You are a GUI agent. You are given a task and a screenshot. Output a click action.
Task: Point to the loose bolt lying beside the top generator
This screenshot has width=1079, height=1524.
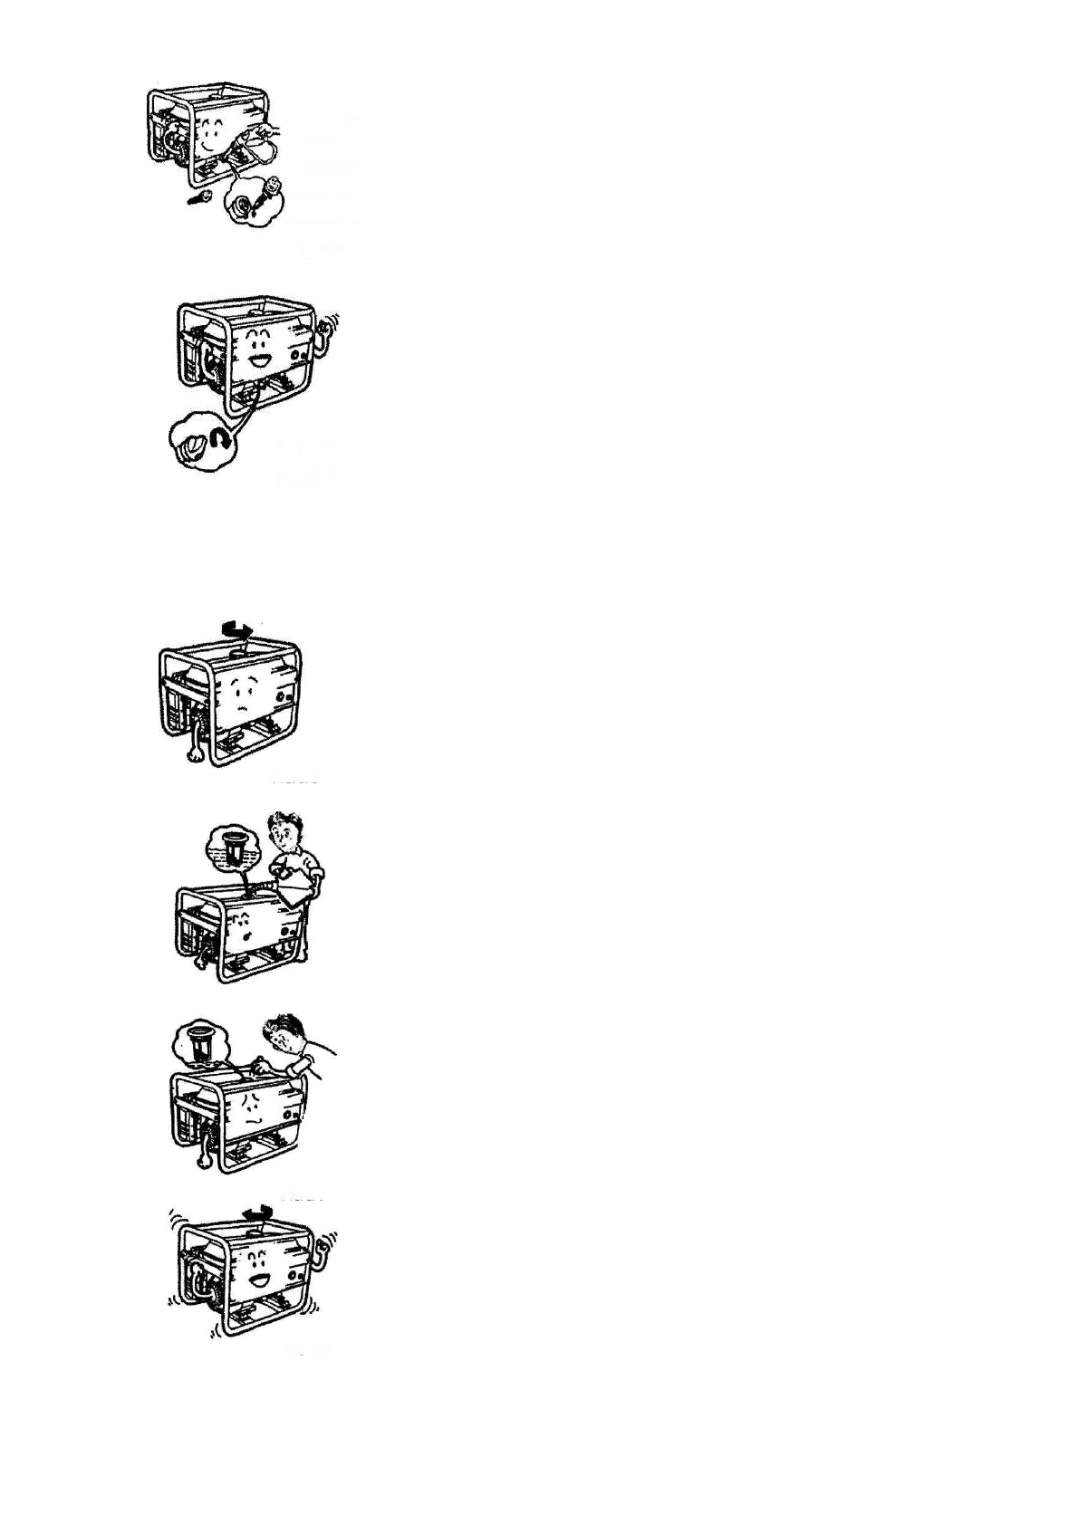(197, 197)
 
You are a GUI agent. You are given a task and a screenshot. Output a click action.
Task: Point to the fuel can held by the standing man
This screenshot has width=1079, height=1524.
(297, 892)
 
